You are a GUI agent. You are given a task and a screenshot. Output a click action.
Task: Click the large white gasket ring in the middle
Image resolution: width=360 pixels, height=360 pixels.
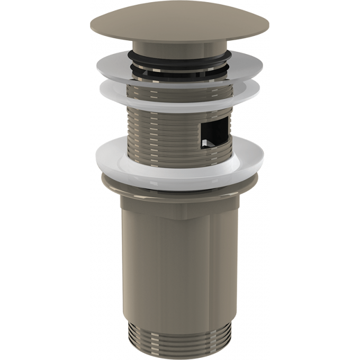click(x=180, y=164)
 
